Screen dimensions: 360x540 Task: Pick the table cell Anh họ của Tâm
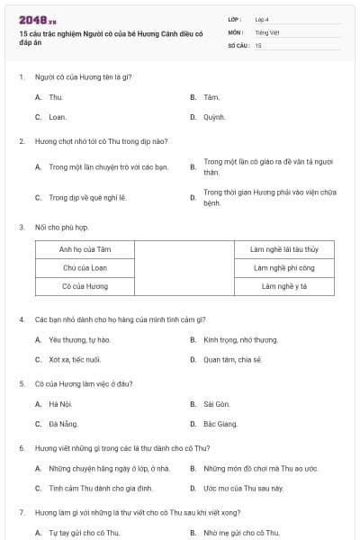[85, 249]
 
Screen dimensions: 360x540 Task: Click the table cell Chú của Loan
[85, 267]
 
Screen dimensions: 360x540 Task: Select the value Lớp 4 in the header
[262, 19]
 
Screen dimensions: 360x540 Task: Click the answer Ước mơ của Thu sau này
[243, 488]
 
